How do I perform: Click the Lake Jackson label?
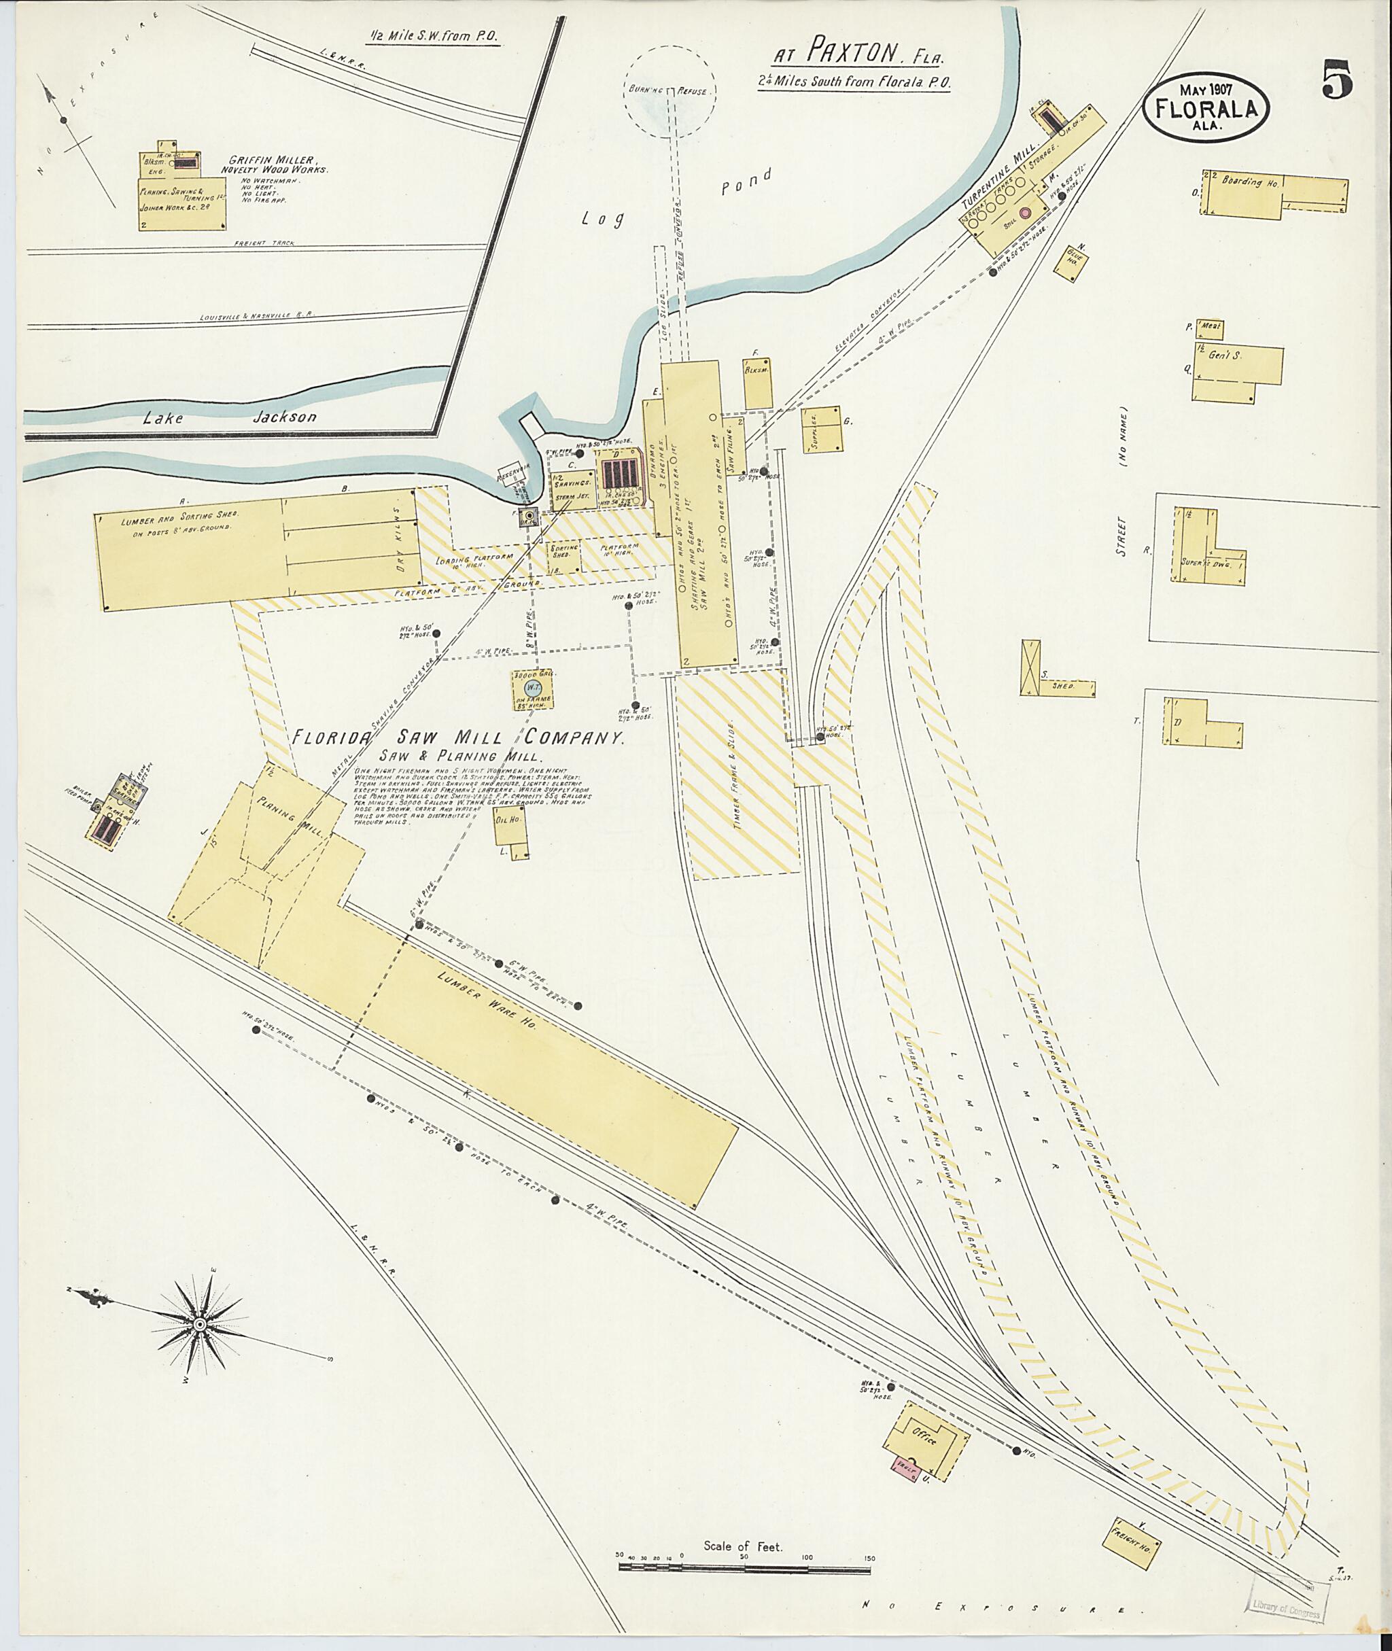tap(229, 417)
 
